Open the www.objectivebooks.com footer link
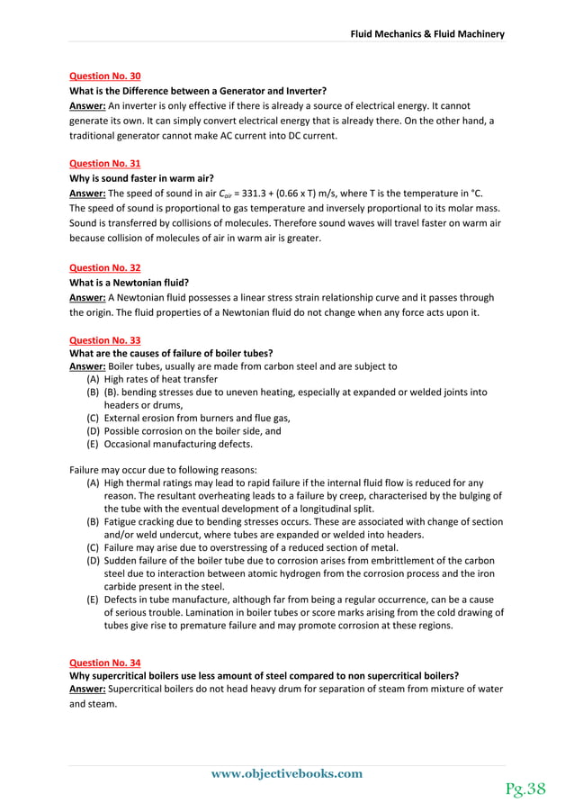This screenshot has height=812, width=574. [x=286, y=773]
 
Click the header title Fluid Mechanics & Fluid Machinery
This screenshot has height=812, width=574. [x=427, y=34]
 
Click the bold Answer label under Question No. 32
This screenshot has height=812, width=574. [x=87, y=297]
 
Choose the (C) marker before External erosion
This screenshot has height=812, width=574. [x=93, y=418]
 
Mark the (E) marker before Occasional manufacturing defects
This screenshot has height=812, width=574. [x=93, y=444]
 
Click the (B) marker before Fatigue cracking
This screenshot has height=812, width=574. [x=93, y=521]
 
